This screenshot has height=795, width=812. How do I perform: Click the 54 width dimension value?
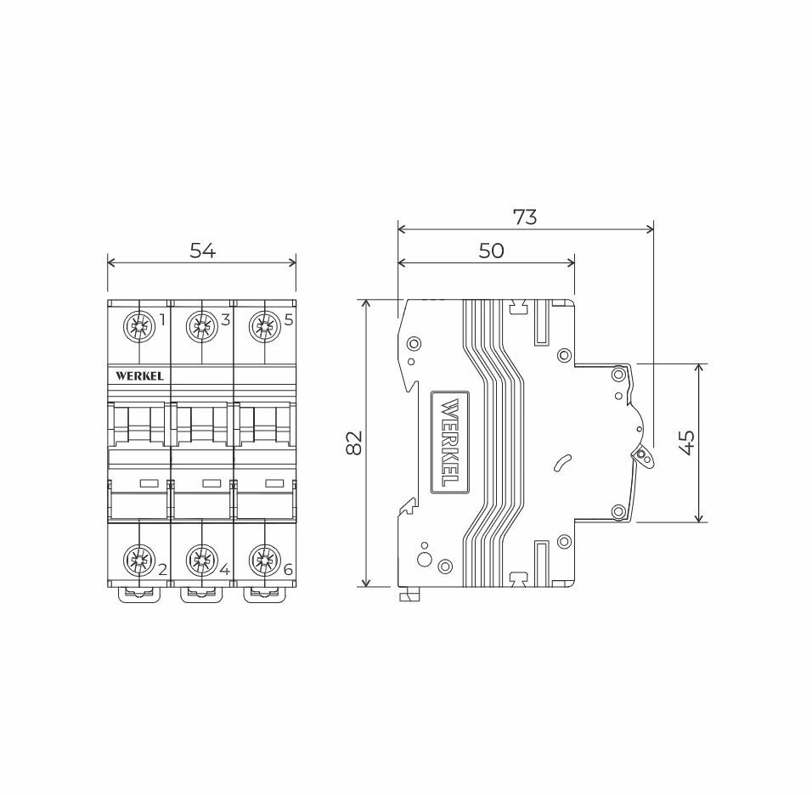click(202, 251)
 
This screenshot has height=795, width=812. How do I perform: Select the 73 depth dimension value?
click(525, 217)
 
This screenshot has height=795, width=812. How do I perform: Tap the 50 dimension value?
click(491, 251)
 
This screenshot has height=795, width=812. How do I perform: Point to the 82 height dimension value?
click(355, 443)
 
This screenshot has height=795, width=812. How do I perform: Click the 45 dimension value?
click(687, 443)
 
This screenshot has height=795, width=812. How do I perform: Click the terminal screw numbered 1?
click(139, 326)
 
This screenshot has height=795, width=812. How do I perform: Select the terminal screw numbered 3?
click(201, 326)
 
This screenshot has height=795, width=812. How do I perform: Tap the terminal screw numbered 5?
click(264, 326)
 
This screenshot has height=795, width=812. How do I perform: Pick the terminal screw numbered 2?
click(139, 560)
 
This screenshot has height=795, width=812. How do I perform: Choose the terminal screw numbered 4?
click(201, 560)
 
